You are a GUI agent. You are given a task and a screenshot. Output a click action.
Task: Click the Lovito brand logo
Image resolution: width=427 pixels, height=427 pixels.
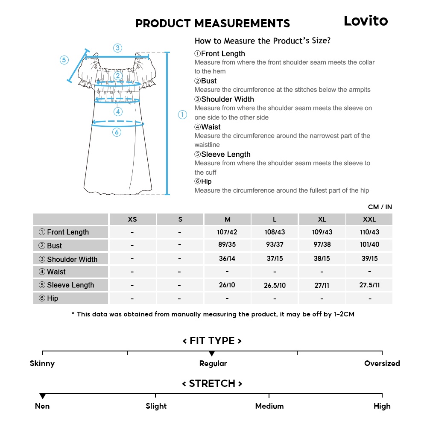[366, 21]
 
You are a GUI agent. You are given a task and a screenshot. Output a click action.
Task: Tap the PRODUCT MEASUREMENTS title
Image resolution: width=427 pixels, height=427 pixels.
[213, 23]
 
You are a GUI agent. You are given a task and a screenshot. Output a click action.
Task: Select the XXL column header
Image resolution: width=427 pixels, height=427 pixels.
[369, 219]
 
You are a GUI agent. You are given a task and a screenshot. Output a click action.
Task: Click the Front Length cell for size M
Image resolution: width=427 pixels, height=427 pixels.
[227, 232]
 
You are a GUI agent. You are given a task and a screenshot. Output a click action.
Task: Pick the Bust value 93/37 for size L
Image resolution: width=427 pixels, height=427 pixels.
[275, 245]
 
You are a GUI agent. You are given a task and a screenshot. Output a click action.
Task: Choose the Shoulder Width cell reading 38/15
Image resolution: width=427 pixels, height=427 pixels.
[322, 258]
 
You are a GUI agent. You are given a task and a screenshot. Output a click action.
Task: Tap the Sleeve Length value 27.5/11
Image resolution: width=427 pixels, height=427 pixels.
[369, 285]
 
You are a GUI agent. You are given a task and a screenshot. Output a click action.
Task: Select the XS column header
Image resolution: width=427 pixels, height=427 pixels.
[132, 219]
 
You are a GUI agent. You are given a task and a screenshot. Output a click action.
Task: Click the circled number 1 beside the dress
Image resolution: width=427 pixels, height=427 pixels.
[182, 114]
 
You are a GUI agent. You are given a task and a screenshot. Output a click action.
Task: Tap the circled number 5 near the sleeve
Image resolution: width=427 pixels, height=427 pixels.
[64, 60]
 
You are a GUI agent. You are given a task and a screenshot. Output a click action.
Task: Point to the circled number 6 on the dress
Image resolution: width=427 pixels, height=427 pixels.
[117, 132]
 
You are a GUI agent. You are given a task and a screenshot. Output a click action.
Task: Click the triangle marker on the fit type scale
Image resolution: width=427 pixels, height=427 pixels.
[212, 354]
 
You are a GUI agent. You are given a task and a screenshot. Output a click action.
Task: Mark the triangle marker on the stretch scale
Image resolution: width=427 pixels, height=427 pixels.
[42, 396]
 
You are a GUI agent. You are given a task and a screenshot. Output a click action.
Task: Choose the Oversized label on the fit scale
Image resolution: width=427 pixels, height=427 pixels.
[382, 364]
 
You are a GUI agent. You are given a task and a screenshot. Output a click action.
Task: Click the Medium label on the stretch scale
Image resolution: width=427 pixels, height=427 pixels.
[269, 406]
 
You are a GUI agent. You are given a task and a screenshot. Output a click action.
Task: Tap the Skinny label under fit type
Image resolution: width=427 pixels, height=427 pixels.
[42, 364]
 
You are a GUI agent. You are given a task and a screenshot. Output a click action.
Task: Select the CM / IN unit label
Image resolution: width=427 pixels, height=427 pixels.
[380, 207]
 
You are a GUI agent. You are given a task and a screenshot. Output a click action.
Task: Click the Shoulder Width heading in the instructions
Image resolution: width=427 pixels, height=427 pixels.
[224, 99]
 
